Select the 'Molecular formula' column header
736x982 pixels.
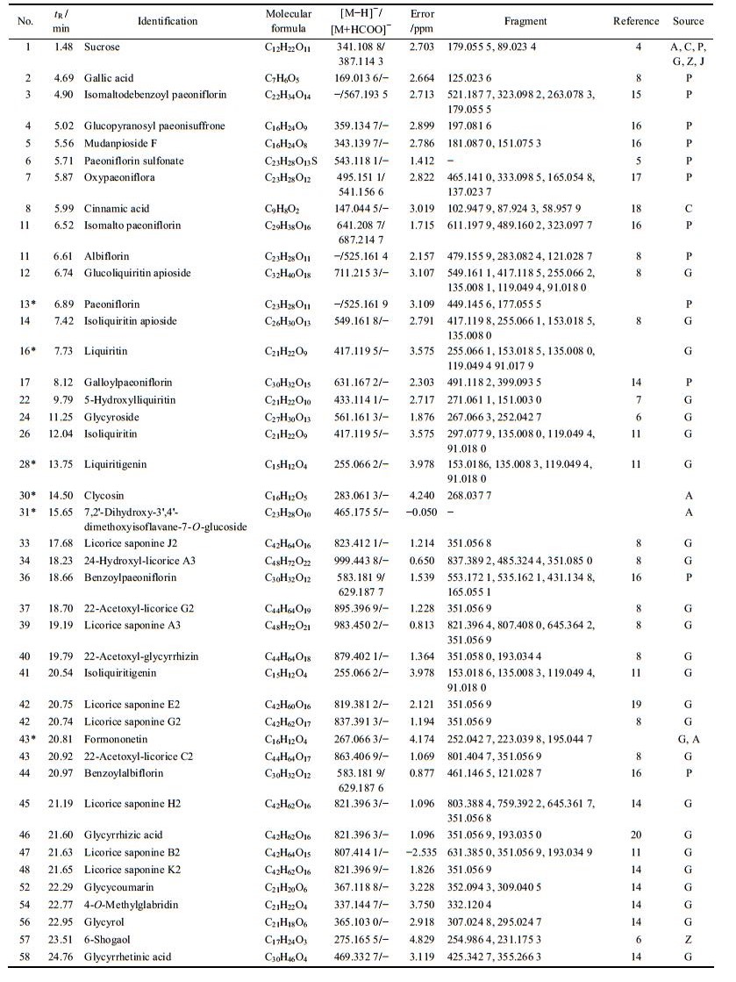[x=290, y=21]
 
